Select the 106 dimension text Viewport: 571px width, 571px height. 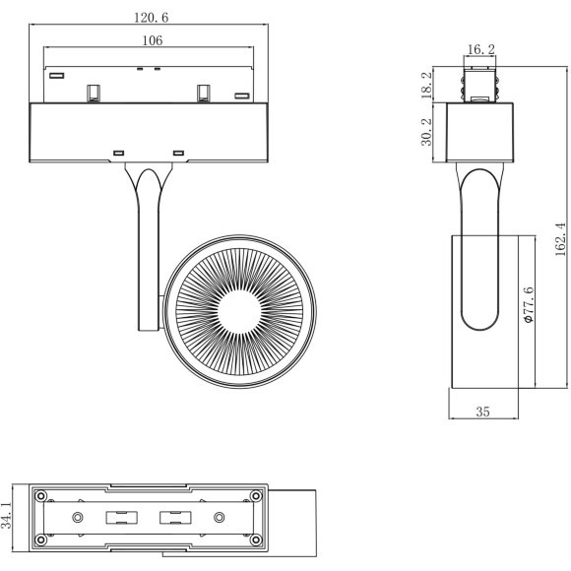151,40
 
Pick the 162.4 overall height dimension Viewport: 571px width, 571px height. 558,238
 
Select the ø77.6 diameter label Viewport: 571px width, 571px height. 528,306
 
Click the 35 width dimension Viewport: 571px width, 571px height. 482,412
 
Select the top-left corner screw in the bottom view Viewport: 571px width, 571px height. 41,494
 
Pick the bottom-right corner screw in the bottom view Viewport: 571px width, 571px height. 256,539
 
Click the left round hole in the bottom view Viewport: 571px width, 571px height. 77,517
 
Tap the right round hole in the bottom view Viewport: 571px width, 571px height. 220,517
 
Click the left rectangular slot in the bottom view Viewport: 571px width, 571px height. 120,517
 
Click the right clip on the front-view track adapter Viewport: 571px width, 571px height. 205,93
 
